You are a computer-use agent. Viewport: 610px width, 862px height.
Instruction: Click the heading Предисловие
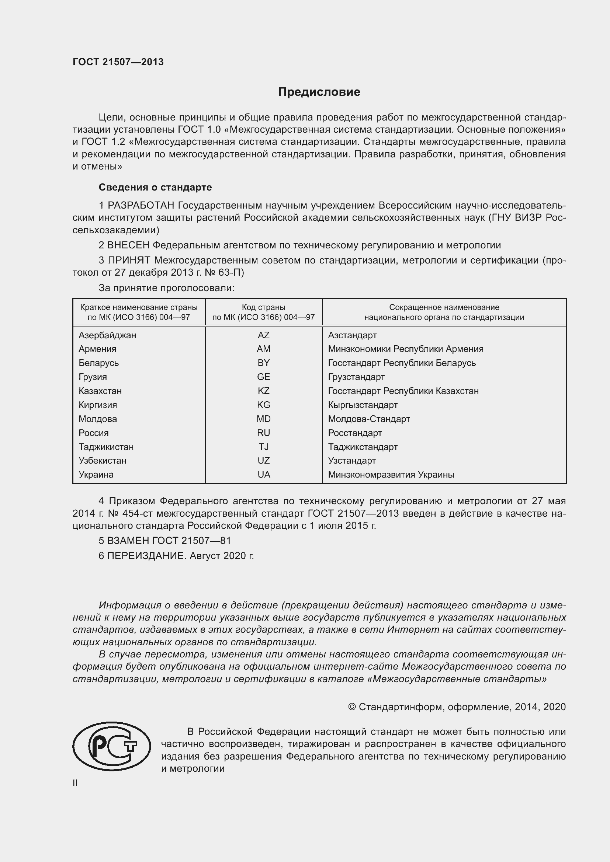click(x=319, y=92)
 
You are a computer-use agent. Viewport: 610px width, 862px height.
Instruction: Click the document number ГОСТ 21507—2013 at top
click(x=118, y=62)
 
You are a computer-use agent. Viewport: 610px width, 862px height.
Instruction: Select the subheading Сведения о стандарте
click(x=155, y=187)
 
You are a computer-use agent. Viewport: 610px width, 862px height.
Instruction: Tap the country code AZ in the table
click(x=263, y=335)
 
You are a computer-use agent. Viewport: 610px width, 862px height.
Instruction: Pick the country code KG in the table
click(x=263, y=405)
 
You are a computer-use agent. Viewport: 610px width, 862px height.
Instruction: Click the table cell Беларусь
click(x=98, y=363)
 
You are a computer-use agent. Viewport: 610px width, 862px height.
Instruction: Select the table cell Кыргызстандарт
click(x=363, y=405)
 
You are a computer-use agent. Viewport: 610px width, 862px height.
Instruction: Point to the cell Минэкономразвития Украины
click(x=391, y=475)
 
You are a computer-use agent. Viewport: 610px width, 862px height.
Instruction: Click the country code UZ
click(x=263, y=461)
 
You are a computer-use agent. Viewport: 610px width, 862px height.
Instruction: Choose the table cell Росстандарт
click(x=354, y=433)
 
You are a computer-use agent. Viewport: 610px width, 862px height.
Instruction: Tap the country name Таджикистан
click(x=106, y=447)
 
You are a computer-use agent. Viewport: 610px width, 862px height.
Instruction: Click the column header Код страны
click(x=263, y=307)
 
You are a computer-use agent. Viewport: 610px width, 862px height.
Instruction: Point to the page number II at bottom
click(x=75, y=783)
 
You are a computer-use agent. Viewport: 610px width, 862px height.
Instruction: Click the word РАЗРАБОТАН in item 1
click(x=141, y=205)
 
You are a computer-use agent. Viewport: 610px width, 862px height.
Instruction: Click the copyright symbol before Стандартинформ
click(x=351, y=707)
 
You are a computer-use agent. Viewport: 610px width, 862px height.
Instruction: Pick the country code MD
click(x=263, y=419)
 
